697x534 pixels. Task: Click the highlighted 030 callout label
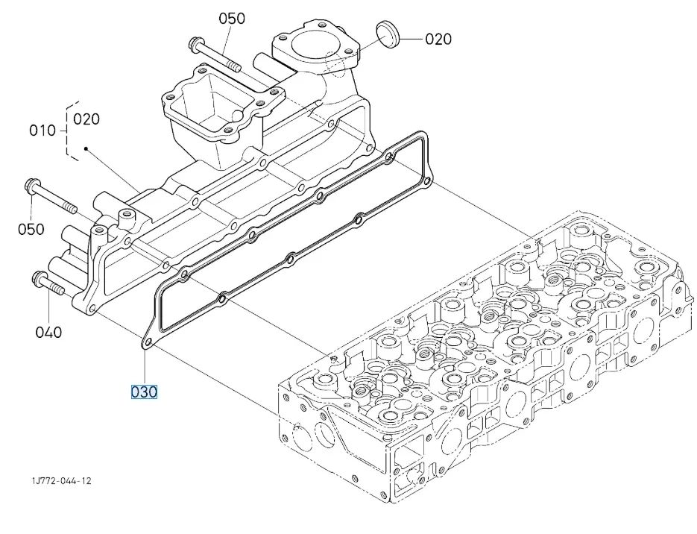(x=144, y=392)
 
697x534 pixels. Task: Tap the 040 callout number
(x=48, y=332)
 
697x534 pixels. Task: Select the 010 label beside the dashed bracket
(x=42, y=131)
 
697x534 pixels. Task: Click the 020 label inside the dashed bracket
(x=86, y=119)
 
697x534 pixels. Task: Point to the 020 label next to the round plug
(x=438, y=39)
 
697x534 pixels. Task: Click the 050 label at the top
(x=232, y=18)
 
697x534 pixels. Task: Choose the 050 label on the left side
(x=31, y=229)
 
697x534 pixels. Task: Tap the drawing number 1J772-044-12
(x=62, y=480)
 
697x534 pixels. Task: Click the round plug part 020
(x=388, y=34)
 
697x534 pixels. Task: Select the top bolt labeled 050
(x=215, y=56)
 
